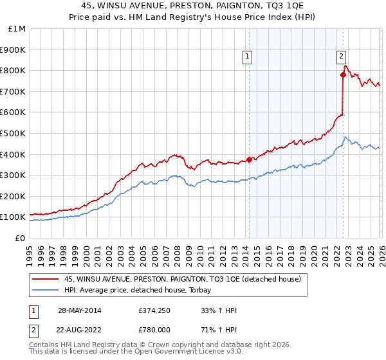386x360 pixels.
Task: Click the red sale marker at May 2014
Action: click(x=250, y=160)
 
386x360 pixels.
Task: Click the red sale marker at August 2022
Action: click(x=343, y=75)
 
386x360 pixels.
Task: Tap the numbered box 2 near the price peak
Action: click(x=341, y=57)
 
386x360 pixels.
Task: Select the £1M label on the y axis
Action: click(x=17, y=28)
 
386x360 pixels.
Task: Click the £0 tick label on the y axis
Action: click(x=21, y=238)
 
